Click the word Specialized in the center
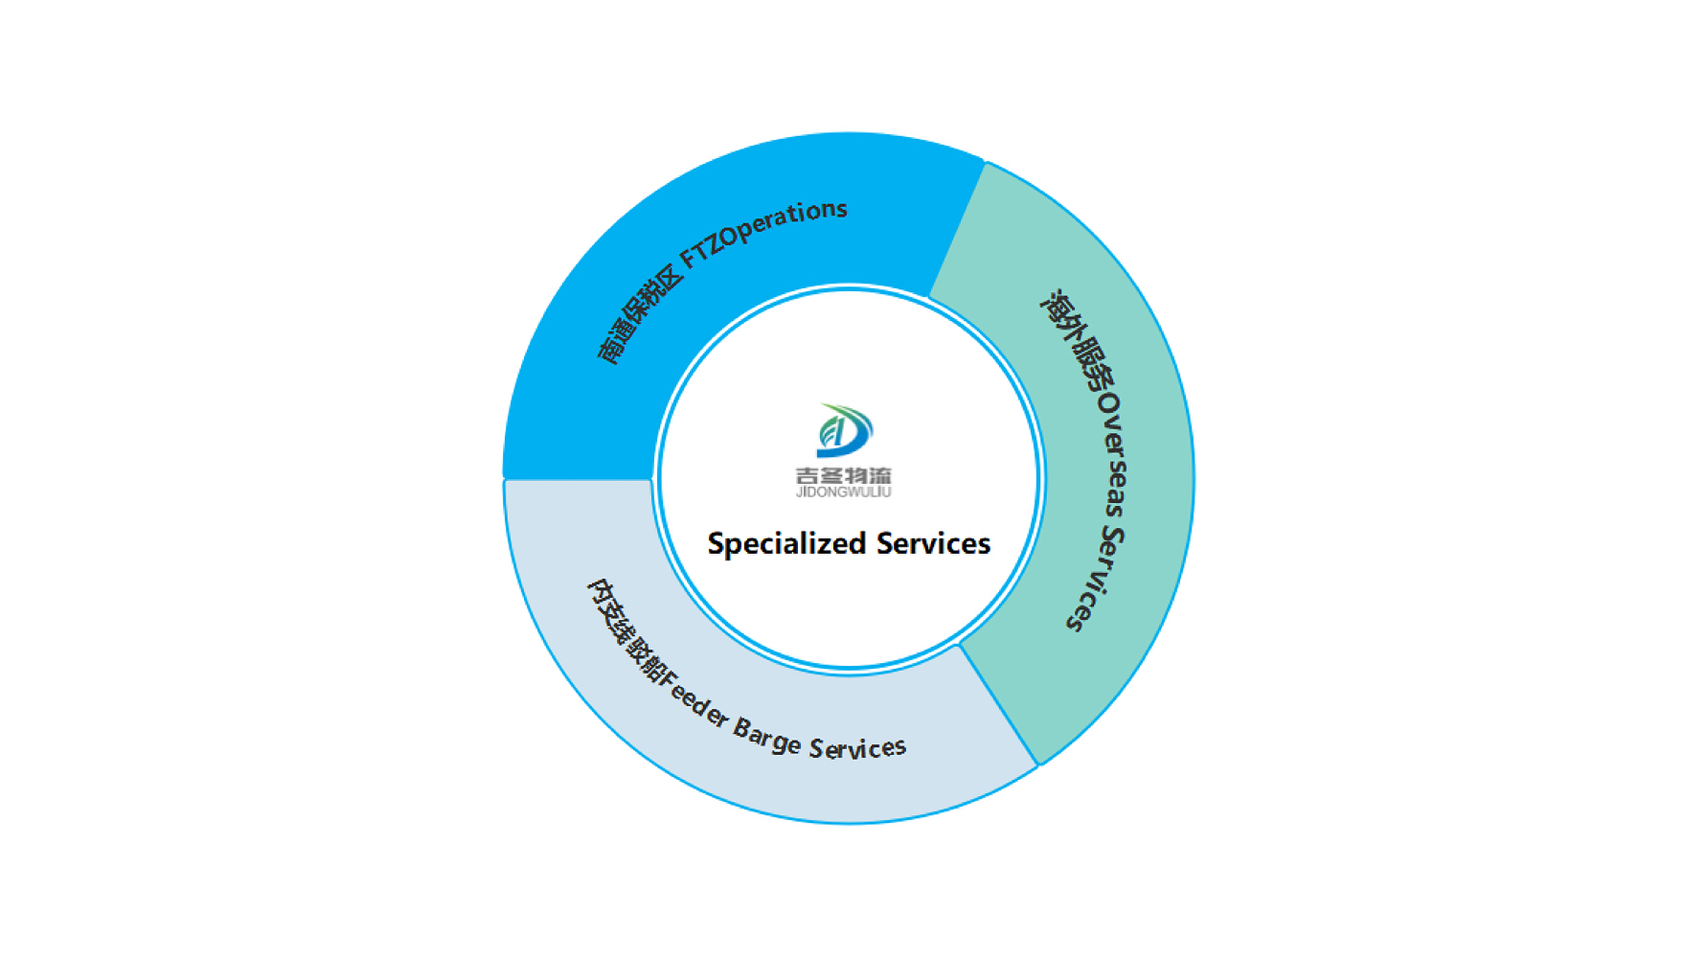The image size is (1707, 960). click(x=787, y=544)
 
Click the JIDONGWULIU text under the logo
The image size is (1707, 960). click(x=844, y=492)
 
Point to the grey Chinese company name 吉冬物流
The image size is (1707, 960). click(x=844, y=475)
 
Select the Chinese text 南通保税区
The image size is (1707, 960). click(x=640, y=315)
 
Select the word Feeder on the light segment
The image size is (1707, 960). click(x=694, y=703)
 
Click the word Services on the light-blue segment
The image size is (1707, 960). click(x=857, y=748)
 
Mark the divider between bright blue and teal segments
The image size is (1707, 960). click(x=958, y=229)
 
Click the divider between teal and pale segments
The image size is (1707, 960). click(x=999, y=705)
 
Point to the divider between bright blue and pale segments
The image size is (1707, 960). click(x=579, y=479)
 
